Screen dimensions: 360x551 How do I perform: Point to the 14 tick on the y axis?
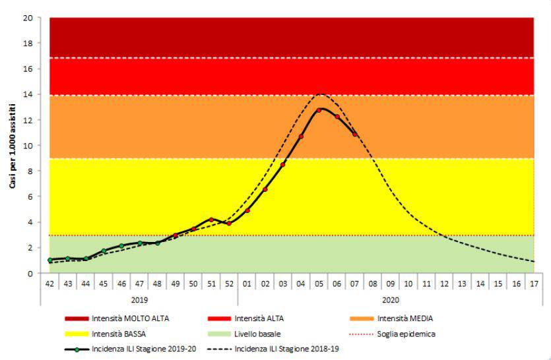coord(28,94)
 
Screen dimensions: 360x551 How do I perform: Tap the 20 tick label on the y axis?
coord(28,18)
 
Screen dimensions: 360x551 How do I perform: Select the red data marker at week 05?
coord(319,110)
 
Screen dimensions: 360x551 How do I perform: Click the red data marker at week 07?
coord(354,135)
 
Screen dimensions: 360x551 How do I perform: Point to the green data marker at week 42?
coord(49,260)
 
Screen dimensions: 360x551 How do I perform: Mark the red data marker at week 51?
coord(211,220)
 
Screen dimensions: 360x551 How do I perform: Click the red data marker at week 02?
coord(265,189)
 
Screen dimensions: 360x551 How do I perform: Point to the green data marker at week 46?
coord(121,246)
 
